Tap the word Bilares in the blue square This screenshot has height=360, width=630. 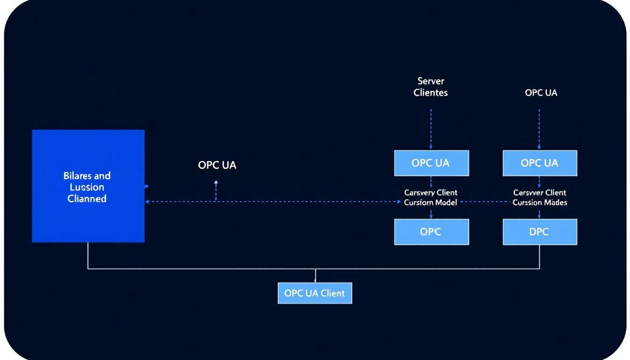[x=74, y=176]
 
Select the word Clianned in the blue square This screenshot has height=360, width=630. [x=87, y=199]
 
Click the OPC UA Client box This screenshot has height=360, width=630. [x=315, y=293]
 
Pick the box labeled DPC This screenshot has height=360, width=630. [x=540, y=232]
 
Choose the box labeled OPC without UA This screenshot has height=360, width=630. [x=431, y=232]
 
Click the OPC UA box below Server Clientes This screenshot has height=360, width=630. [x=431, y=163]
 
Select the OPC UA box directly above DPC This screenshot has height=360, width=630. [x=540, y=163]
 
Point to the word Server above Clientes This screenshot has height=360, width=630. [x=430, y=81]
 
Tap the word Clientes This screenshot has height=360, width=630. [x=430, y=93]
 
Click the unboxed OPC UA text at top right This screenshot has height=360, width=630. [x=541, y=93]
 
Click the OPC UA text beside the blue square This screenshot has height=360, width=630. [x=217, y=165]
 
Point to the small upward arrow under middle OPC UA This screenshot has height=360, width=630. [x=216, y=184]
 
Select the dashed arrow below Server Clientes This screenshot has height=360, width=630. [x=431, y=129]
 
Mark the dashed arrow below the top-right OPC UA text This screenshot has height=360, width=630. [x=539, y=129]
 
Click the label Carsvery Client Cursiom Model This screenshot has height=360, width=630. [x=431, y=197]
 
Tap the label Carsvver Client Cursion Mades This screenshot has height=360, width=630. [x=540, y=197]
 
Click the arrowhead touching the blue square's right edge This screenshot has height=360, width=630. [x=147, y=202]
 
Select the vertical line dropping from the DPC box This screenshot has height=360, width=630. [x=540, y=257]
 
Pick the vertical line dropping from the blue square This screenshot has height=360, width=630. [x=88, y=255]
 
